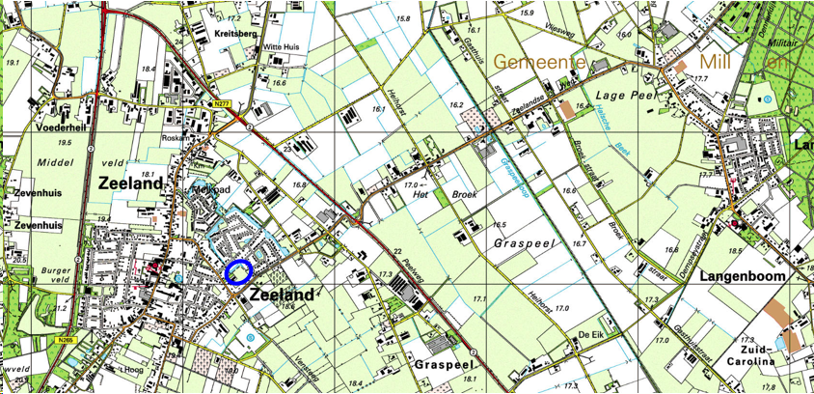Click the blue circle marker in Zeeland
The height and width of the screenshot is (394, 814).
[x=237, y=272]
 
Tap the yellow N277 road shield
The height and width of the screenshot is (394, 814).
[x=221, y=103]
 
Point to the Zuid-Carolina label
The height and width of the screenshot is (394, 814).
[x=759, y=354]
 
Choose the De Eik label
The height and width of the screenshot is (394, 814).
[x=590, y=333]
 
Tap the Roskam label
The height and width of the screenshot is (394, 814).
[x=176, y=138]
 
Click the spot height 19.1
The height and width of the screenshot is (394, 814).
[x=13, y=63]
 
